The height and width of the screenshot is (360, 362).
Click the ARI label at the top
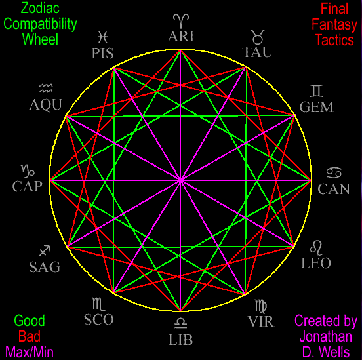[181, 36]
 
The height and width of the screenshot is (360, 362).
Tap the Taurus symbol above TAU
[258, 37]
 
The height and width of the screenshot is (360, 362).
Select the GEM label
[317, 107]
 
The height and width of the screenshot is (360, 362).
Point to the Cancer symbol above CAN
[334, 172]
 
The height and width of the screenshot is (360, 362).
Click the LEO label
[316, 263]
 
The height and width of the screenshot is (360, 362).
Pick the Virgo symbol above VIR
[261, 306]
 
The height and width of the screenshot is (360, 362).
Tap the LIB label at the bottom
[181, 340]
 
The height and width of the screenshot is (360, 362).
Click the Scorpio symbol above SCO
[99, 304]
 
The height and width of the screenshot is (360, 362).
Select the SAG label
[45, 267]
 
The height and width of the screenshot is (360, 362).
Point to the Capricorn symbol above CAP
[28, 171]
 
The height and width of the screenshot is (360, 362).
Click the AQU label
[46, 105]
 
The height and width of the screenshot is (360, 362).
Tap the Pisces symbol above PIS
[102, 37]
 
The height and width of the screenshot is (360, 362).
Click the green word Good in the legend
[30, 321]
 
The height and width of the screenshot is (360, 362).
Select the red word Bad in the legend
[30, 336]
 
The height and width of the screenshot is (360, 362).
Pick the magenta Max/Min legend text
[30, 352]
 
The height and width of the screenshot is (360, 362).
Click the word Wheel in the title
[40, 39]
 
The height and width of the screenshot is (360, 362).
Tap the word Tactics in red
[334, 40]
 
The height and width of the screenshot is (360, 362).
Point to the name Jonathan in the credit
[326, 336]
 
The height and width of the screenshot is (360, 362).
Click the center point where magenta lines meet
[181, 180]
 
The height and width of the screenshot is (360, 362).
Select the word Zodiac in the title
[40, 8]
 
